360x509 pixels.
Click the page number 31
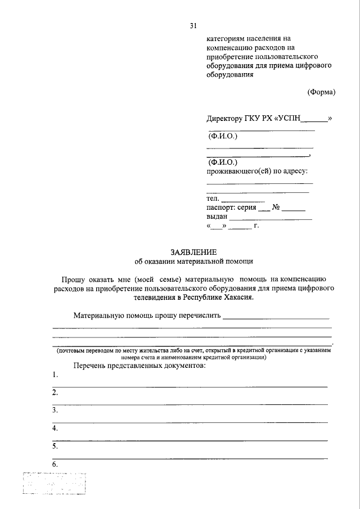coord(193,26)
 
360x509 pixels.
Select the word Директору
coord(225,119)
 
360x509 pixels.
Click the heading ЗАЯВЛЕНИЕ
coord(193,252)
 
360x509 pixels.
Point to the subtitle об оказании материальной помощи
coord(194,262)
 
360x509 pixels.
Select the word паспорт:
coord(221,208)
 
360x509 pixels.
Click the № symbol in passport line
coord(276,208)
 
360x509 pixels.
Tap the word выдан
coord(217,217)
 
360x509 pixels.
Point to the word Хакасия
coord(235,298)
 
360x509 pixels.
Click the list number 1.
coord(55,375)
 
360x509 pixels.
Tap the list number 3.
coord(55,411)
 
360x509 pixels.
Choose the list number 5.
coord(55,447)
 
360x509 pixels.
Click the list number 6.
coord(55,465)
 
